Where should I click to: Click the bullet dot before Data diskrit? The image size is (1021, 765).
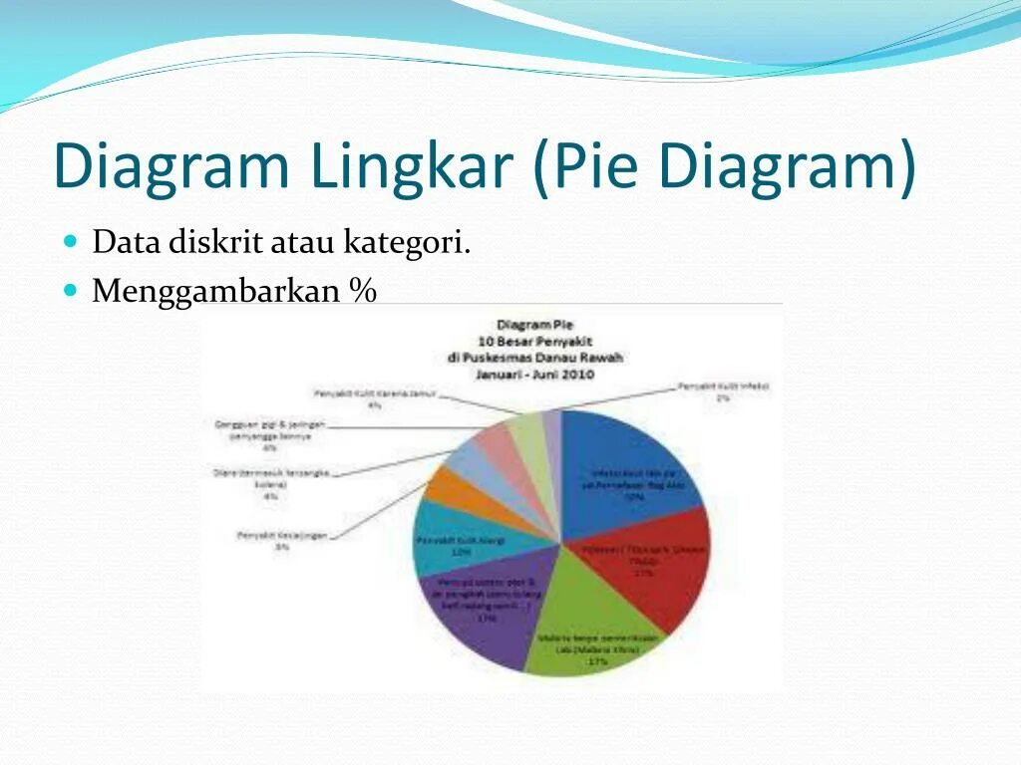[70, 241]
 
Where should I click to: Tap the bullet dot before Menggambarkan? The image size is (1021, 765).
[70, 290]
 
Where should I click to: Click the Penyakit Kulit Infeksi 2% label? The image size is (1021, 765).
[723, 390]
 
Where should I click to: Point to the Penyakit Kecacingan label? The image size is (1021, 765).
[282, 540]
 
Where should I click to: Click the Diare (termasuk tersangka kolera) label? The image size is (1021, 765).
[270, 483]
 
